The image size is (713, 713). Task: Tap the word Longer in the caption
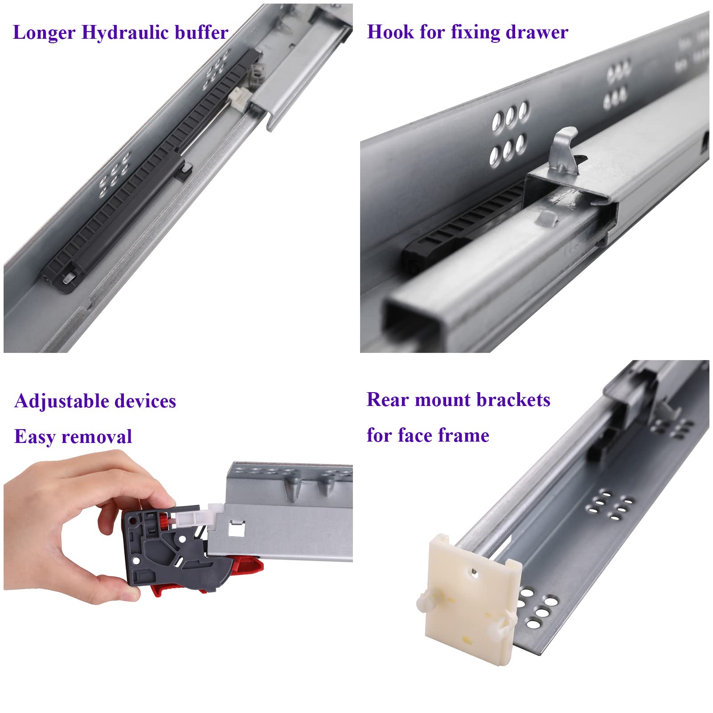point(44,33)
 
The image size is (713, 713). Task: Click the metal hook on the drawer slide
point(564,151)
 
